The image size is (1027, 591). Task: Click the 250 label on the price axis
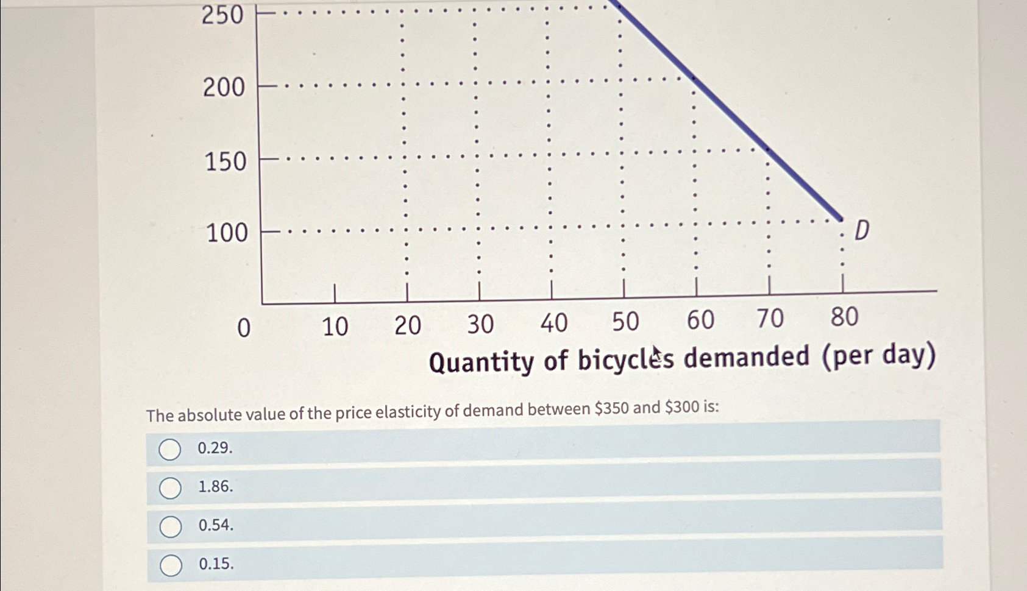(222, 15)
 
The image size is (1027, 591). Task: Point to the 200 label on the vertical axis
(224, 88)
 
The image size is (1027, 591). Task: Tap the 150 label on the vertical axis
(225, 162)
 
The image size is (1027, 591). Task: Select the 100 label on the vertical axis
(227, 233)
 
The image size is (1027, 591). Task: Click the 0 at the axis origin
(243, 328)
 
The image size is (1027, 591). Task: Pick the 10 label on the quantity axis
(335, 327)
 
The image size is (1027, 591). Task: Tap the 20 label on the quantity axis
(407, 326)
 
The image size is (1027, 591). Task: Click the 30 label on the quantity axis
(480, 325)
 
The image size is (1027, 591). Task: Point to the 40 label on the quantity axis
(553, 323)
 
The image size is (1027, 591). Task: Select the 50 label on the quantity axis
(625, 322)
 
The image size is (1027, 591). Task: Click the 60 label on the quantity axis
(700, 320)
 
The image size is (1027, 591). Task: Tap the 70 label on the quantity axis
(770, 319)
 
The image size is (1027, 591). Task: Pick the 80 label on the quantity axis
(844, 317)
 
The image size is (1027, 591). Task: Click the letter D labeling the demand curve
(861, 231)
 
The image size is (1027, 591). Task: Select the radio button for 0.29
(169, 450)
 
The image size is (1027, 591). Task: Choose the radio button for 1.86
(170, 488)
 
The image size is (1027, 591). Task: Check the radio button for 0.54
(171, 527)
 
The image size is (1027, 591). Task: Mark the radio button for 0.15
(171, 565)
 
